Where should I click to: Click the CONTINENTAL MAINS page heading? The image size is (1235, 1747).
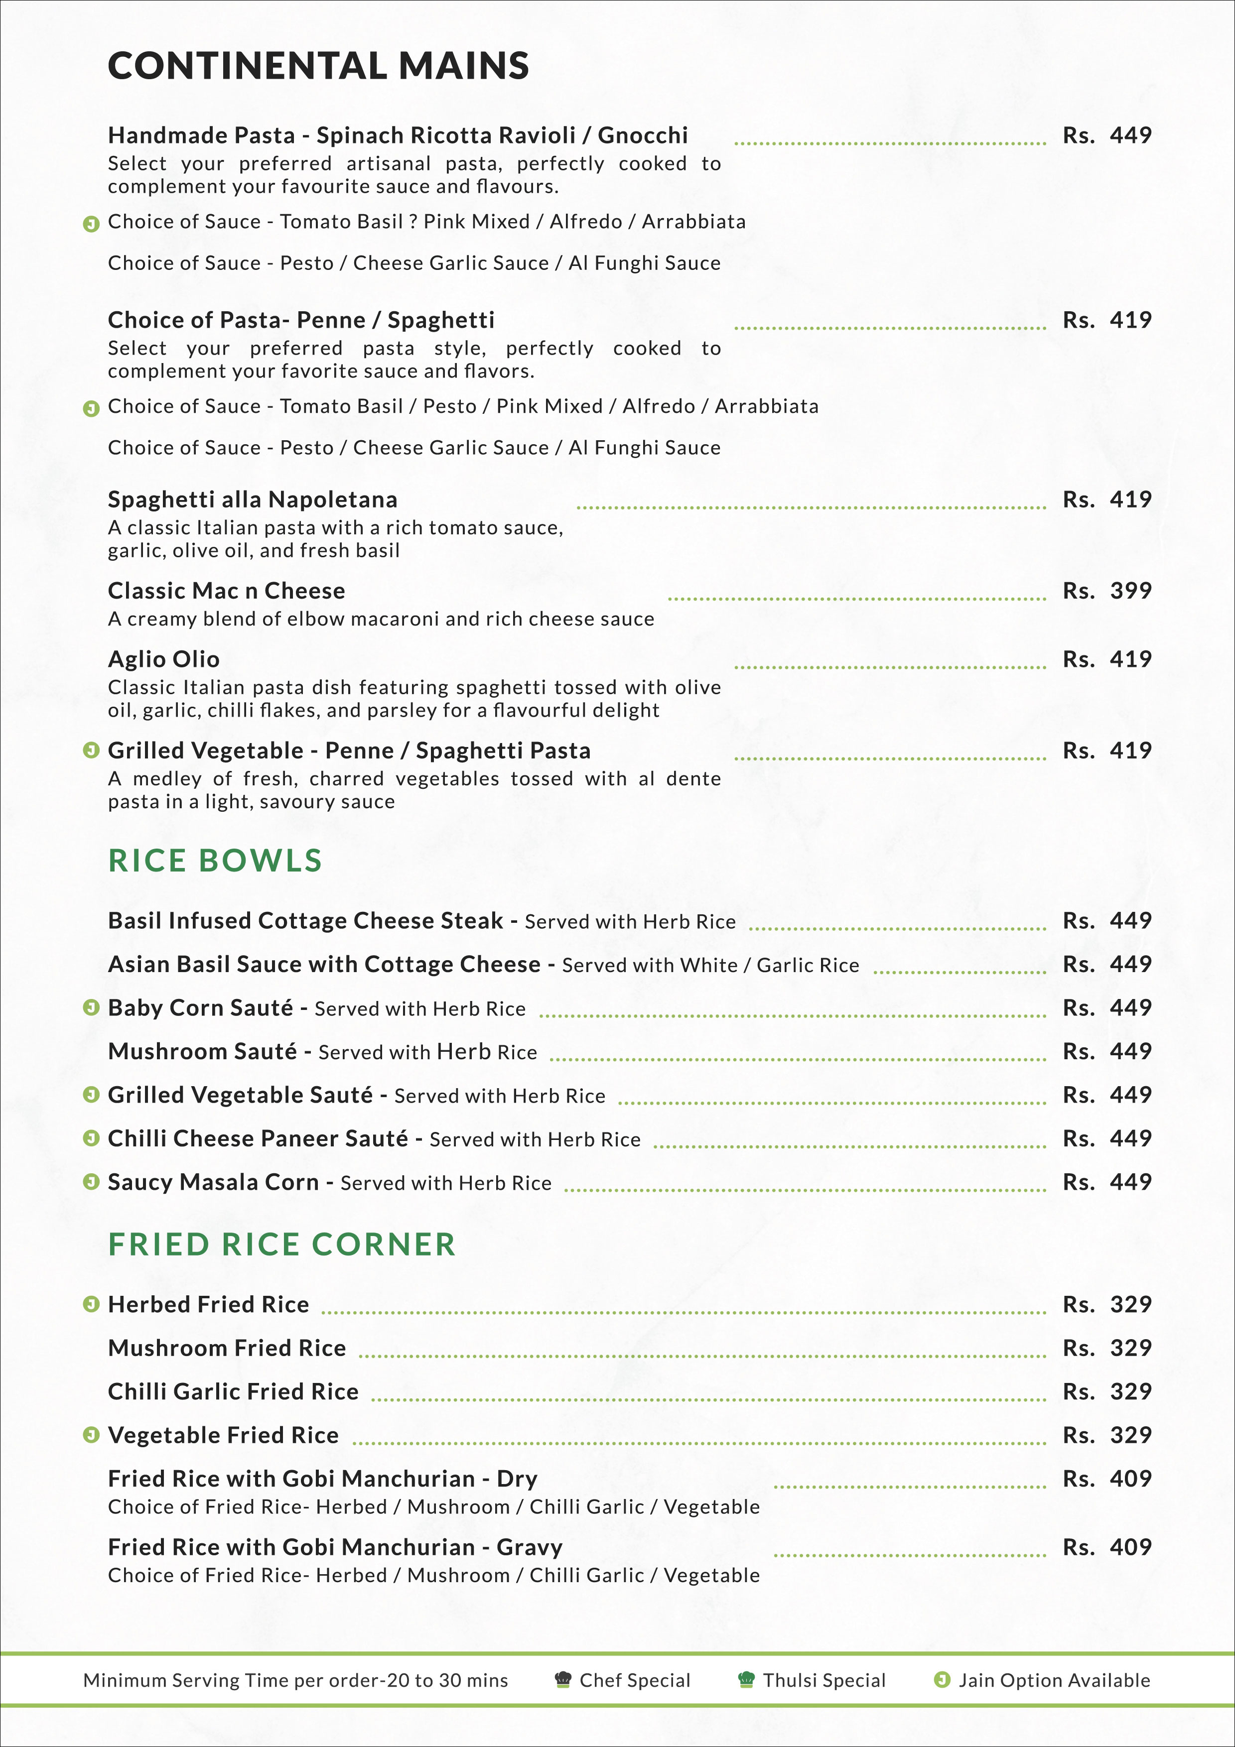pyautogui.click(x=318, y=66)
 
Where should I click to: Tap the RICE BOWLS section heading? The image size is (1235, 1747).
pyautogui.click(x=215, y=861)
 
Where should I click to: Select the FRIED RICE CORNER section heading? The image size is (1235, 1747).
pyautogui.click(x=281, y=1245)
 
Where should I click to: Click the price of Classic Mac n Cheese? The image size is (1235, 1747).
pyautogui.click(x=1107, y=591)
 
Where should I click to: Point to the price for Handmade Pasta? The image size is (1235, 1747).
pyautogui.click(x=1107, y=136)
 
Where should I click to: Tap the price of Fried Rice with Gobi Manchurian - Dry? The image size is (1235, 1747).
pyautogui.click(x=1107, y=1479)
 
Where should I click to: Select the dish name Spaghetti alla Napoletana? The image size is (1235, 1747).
pyautogui.click(x=253, y=500)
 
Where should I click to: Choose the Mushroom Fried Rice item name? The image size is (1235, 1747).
pyautogui.click(x=227, y=1348)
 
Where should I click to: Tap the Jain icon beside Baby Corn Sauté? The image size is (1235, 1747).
pyautogui.click(x=91, y=1008)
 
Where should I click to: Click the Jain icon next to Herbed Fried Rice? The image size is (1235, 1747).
pyautogui.click(x=91, y=1305)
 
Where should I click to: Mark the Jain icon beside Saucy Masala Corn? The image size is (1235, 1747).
pyautogui.click(x=91, y=1182)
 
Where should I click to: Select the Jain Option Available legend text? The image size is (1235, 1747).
pyautogui.click(x=1054, y=1681)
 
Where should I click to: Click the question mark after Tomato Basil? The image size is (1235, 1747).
pyautogui.click(x=412, y=222)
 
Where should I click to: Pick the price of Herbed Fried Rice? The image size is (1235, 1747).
pyautogui.click(x=1107, y=1305)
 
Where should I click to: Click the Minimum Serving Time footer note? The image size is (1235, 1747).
pyautogui.click(x=295, y=1681)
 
